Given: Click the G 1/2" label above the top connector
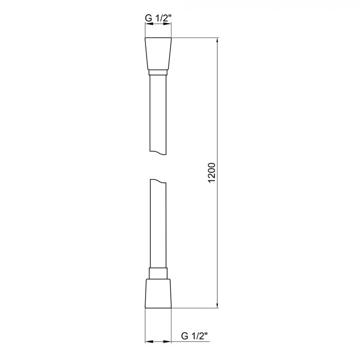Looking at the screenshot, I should click(158, 19).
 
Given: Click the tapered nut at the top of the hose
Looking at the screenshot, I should click(158, 54).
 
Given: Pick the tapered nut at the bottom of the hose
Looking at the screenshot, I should click(158, 294).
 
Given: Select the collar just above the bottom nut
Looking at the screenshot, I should click(158, 273).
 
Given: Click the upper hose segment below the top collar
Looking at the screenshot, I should click(158, 113).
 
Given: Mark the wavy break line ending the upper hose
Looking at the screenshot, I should click(158, 152).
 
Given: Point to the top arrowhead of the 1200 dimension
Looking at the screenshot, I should click(218, 41).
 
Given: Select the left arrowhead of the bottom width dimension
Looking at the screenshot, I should click(148, 340).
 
